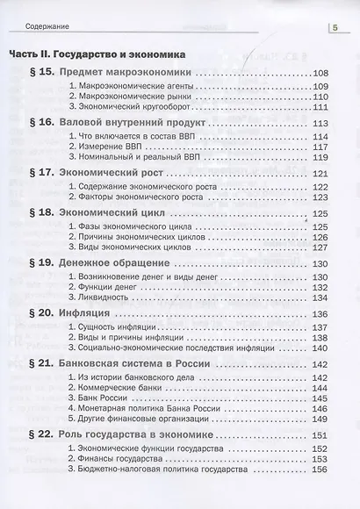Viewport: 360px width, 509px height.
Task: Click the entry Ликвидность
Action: tap(99, 299)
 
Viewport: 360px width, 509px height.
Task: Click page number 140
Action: tap(320, 348)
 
